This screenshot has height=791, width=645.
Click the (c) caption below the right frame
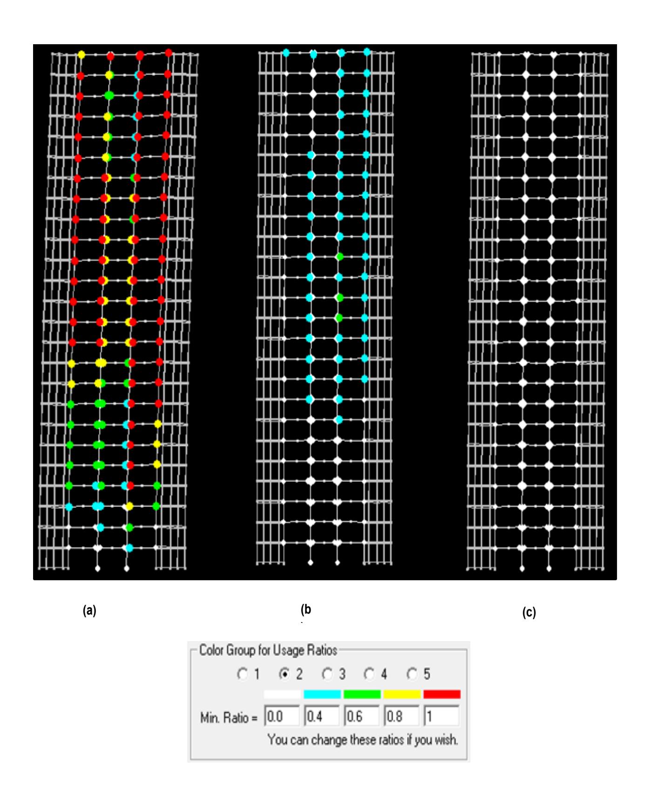529,613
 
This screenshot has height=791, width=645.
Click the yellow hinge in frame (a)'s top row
81,54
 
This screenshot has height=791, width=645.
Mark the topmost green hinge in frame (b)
340,256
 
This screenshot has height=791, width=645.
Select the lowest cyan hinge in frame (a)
129,548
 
